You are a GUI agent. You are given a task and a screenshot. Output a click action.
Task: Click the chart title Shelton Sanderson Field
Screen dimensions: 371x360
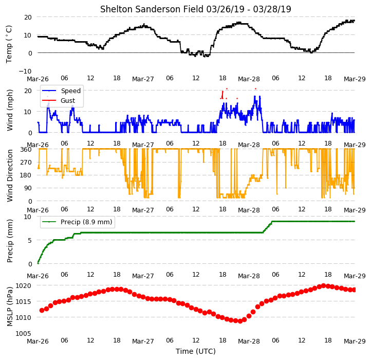(x=152, y=9)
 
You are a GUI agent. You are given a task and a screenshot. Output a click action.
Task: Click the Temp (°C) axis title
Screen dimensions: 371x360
(x=9, y=44)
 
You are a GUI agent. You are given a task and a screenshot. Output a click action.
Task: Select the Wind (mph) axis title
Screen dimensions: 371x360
(x=9, y=110)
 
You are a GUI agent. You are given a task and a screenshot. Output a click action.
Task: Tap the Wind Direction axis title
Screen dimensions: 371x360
(x=9, y=175)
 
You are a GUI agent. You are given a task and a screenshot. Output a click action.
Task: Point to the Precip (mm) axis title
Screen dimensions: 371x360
(x=9, y=241)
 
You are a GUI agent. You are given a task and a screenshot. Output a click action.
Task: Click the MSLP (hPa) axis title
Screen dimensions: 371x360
(x=9, y=307)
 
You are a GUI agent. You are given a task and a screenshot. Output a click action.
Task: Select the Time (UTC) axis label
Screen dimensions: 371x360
(x=196, y=351)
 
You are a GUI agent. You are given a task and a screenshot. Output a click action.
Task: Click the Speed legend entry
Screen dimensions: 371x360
(x=71, y=91)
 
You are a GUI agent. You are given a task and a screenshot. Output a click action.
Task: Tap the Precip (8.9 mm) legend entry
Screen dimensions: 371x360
(x=86, y=222)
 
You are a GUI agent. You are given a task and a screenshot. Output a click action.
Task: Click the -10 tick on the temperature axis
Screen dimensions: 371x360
(x=25, y=71)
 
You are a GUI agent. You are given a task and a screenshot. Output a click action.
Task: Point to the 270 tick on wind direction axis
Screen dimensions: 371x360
(x=26, y=163)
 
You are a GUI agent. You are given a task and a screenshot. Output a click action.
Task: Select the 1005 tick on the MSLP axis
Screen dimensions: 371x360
(x=24, y=333)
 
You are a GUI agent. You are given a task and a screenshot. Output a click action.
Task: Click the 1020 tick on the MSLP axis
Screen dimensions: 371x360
(x=24, y=285)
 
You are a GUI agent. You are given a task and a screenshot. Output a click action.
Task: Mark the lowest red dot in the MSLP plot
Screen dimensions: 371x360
(x=240, y=321)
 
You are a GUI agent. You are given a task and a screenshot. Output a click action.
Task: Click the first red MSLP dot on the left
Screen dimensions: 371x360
(x=42, y=310)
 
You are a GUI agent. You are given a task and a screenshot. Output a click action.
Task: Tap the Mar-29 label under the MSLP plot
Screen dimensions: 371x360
(x=355, y=341)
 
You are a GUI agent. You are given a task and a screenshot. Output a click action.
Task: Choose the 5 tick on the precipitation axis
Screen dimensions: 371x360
(x=30, y=240)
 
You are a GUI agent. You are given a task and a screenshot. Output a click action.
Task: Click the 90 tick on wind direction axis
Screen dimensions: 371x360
(x=28, y=188)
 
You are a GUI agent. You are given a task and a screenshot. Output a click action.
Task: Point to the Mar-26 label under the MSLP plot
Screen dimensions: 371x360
(x=38, y=341)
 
